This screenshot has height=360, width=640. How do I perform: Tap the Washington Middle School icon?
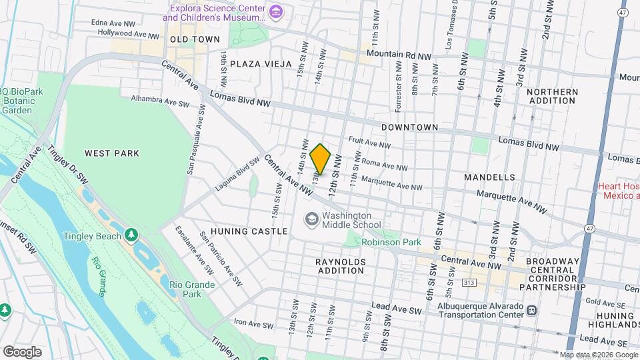tap(311, 219)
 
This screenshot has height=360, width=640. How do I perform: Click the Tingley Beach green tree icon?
tap(132, 235)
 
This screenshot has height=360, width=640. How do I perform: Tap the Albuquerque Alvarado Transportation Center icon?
tap(532, 310)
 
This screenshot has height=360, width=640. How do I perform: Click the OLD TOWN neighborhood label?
tap(195, 39)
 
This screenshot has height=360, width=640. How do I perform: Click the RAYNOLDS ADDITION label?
tap(340, 266)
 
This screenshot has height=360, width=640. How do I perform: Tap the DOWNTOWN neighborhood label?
tap(409, 127)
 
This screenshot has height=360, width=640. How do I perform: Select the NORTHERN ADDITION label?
tap(551, 96)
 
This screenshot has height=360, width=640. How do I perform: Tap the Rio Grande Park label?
tap(191, 289)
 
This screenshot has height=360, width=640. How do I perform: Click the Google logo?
tap(21, 351)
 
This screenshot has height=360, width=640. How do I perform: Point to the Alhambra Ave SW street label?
tap(155, 99)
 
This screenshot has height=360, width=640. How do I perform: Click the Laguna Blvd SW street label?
tap(237, 175)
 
